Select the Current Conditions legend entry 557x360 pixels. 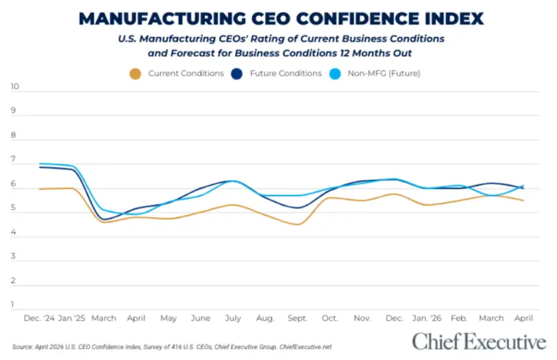186,73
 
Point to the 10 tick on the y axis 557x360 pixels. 14,87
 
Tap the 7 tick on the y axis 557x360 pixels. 14,160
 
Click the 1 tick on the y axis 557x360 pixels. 14,305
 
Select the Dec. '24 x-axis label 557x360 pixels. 39,318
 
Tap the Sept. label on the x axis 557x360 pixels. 298,318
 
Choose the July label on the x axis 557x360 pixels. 232,318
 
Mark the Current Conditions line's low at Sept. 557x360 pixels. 298,224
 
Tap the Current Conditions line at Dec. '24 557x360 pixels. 39,189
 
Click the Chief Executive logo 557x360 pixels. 478,341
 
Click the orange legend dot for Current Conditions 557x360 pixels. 134,73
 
